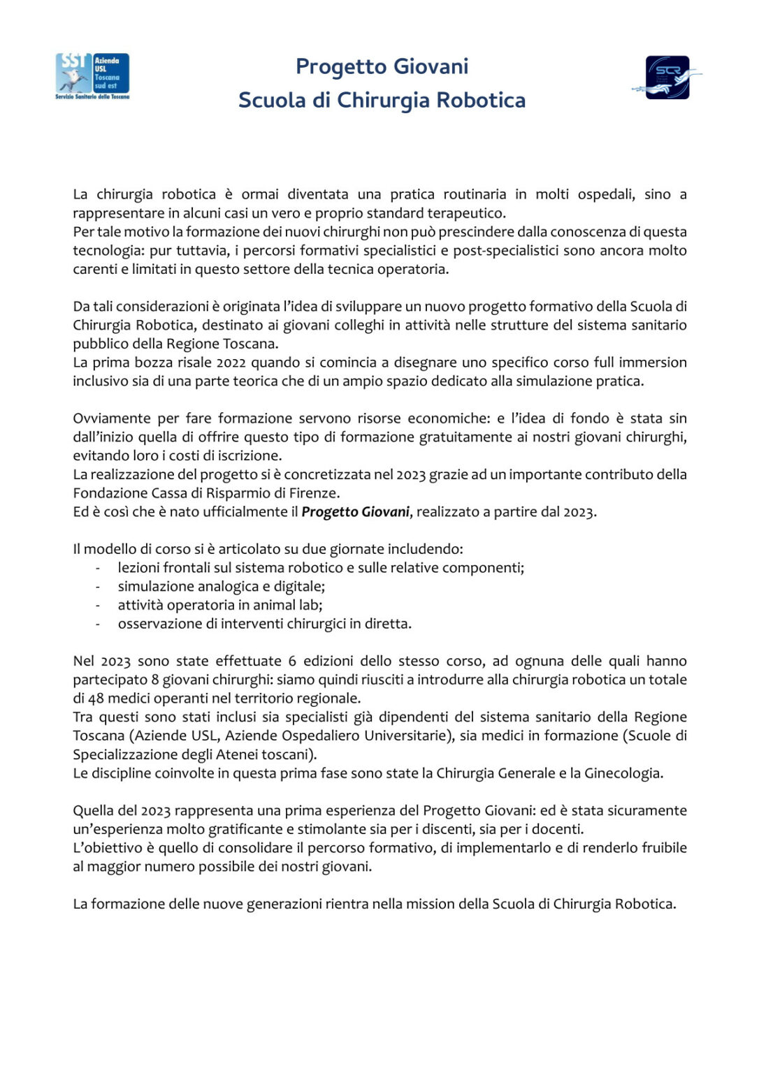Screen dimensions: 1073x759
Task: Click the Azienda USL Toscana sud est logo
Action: pyautogui.click(x=92, y=76)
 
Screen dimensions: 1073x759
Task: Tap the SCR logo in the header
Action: pyautogui.click(x=667, y=77)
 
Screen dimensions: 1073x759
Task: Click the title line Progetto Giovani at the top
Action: pyautogui.click(x=382, y=66)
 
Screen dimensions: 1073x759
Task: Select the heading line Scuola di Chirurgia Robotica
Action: pyautogui.click(x=382, y=100)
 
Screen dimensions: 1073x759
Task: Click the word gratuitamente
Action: pyautogui.click(x=480, y=437)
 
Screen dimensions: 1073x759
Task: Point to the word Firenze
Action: pyautogui.click(x=314, y=493)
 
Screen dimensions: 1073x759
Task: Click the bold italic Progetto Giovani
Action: pyautogui.click(x=355, y=512)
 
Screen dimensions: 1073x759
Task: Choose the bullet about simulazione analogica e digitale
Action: pyautogui.click(x=221, y=587)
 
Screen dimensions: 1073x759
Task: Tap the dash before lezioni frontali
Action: pyautogui.click(x=98, y=568)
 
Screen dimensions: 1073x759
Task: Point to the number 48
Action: pyautogui.click(x=96, y=699)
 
